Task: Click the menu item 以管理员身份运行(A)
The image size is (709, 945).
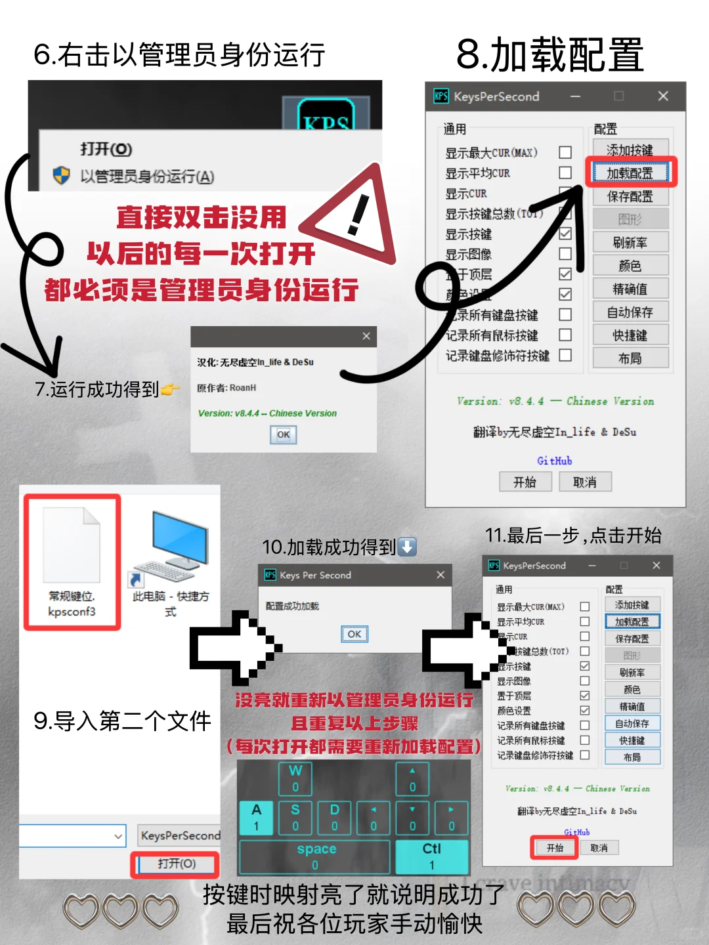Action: click(x=146, y=177)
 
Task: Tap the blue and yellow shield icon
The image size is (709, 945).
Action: click(x=61, y=175)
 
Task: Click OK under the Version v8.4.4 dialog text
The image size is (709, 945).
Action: click(x=283, y=434)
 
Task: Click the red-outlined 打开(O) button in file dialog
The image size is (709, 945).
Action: click(x=176, y=864)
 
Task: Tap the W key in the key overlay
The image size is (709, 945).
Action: click(x=295, y=778)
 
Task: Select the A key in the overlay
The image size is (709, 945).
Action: click(x=256, y=817)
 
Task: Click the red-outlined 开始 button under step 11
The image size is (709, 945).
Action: click(x=555, y=848)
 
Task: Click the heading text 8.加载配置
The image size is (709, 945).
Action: click(x=549, y=54)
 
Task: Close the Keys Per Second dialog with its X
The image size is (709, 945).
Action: click(x=440, y=575)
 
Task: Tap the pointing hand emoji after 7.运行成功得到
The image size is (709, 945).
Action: click(x=170, y=390)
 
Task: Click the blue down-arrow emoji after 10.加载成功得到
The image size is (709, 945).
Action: click(x=407, y=547)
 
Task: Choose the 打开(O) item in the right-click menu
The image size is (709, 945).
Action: click(x=106, y=149)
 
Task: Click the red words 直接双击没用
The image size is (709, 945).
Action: click(x=202, y=217)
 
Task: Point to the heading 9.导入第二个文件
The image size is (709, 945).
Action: click(x=122, y=721)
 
